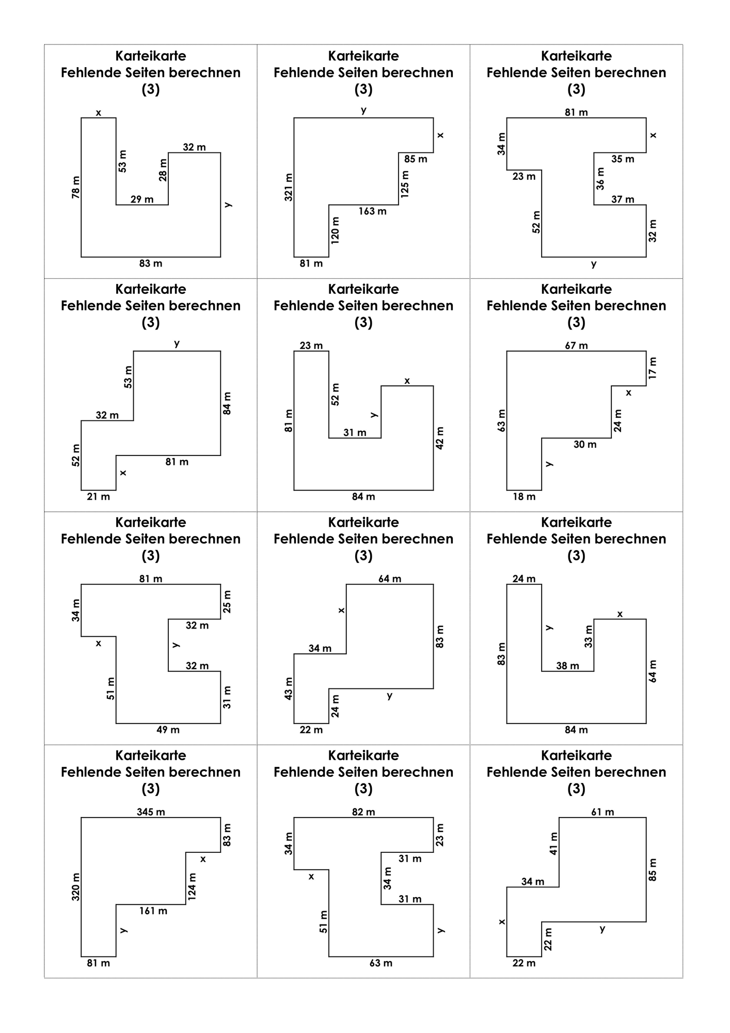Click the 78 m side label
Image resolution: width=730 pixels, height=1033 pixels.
76,187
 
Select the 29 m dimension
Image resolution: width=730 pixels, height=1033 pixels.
142,199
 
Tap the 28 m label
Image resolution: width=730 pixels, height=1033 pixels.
163,169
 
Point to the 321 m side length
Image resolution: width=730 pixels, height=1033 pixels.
289,187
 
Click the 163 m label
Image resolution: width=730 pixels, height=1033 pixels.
372,211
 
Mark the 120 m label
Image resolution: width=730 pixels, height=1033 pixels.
335,230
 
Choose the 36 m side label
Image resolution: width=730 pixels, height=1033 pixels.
600,179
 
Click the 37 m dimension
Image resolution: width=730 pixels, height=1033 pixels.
623,199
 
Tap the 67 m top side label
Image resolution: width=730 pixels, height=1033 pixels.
576,346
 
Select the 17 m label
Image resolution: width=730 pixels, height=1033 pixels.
653,368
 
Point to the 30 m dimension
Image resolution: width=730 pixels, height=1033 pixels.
585,444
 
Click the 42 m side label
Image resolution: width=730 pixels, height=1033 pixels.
440,438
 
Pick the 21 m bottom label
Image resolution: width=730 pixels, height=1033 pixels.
99,496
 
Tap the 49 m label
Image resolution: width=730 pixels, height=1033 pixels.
168,730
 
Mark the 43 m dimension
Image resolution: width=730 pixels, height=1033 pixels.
289,688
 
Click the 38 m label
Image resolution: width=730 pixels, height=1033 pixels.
568,666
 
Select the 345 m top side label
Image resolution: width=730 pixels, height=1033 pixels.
151,812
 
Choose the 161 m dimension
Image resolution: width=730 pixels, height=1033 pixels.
153,911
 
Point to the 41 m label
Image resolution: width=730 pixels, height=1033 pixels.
553,843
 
